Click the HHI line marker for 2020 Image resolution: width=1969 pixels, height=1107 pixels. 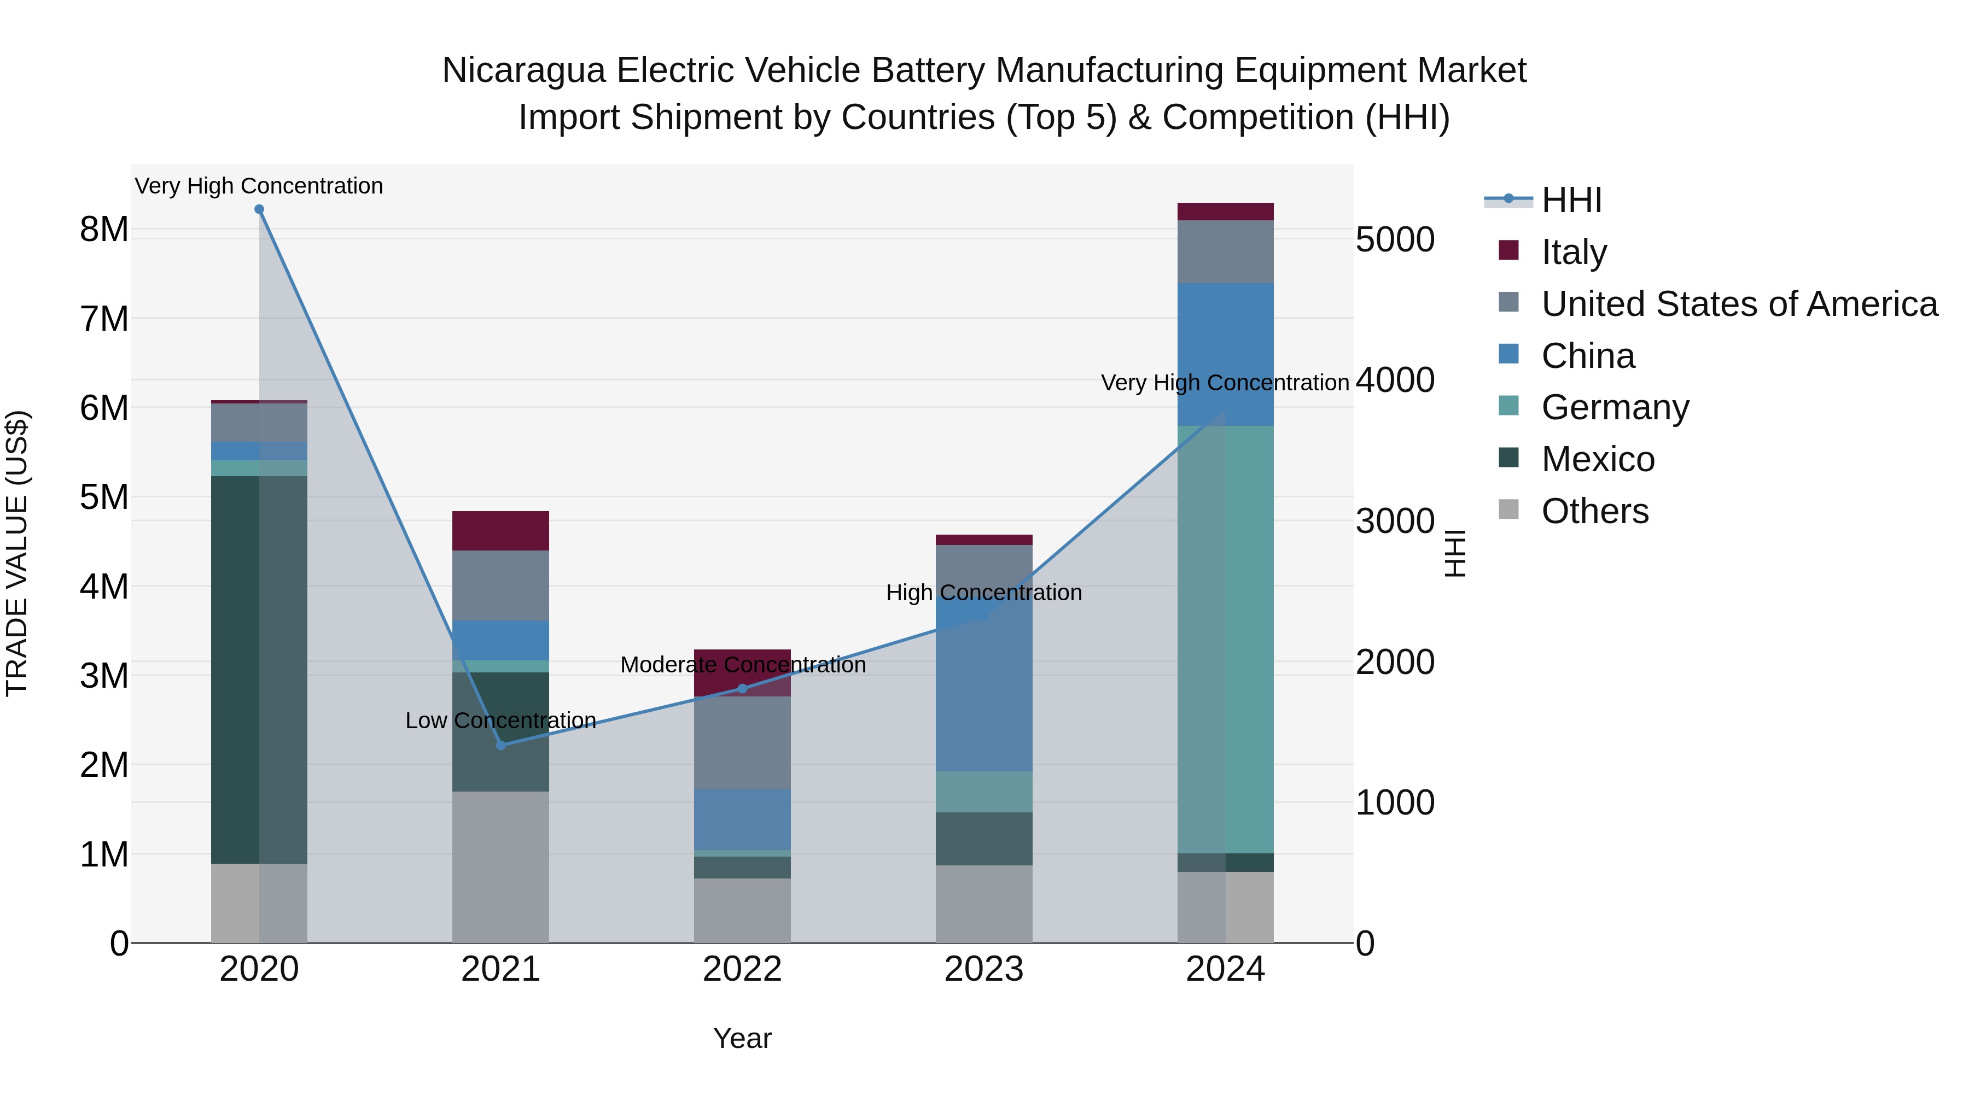coord(259,209)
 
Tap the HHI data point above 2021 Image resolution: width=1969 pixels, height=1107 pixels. coord(500,745)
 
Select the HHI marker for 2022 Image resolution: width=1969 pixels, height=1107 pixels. coord(742,688)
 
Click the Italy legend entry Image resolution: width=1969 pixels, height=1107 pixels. coord(1574,252)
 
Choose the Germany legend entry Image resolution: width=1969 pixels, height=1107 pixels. coord(1615,407)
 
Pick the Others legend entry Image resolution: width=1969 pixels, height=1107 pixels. coord(1594,511)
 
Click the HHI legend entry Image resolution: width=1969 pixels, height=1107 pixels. coord(1571,200)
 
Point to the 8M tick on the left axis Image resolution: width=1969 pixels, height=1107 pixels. coord(104,229)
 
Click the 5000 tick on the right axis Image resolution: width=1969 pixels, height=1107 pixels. coord(1395,240)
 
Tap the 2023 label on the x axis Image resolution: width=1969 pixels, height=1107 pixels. coord(984,969)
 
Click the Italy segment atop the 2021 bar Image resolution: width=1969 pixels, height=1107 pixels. coord(500,530)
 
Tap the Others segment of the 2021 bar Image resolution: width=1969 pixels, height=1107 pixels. coord(500,866)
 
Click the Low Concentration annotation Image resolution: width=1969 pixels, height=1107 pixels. coord(500,721)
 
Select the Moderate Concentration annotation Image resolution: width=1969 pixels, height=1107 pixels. coord(743,665)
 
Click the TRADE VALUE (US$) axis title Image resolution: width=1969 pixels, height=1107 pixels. coord(17,553)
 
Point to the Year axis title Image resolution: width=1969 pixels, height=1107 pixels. coord(742,1038)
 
